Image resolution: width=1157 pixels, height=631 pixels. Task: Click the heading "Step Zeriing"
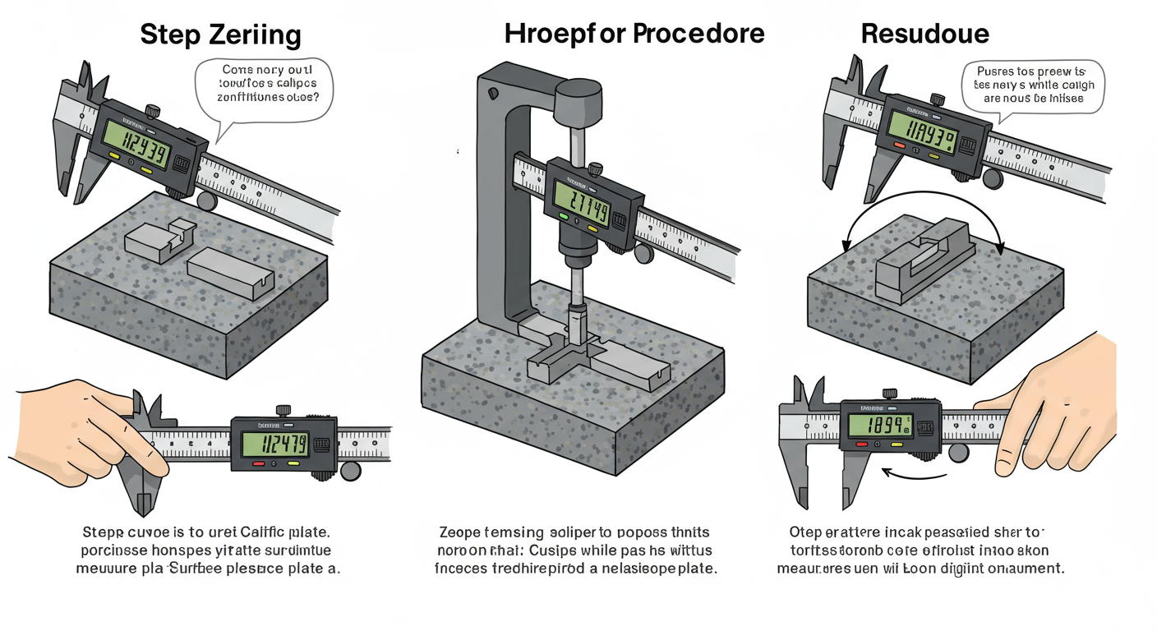(220, 35)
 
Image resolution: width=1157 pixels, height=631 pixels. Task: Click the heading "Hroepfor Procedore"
(634, 33)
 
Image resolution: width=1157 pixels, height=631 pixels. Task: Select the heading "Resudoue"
(924, 34)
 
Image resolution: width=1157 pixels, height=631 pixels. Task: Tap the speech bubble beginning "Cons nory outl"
(264, 89)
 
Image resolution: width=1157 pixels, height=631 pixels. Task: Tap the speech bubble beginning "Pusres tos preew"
(1033, 85)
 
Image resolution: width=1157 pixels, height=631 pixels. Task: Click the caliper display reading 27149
(581, 203)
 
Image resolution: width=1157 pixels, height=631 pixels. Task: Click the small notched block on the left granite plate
(159, 240)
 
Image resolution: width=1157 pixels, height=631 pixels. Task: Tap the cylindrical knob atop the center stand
(578, 101)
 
